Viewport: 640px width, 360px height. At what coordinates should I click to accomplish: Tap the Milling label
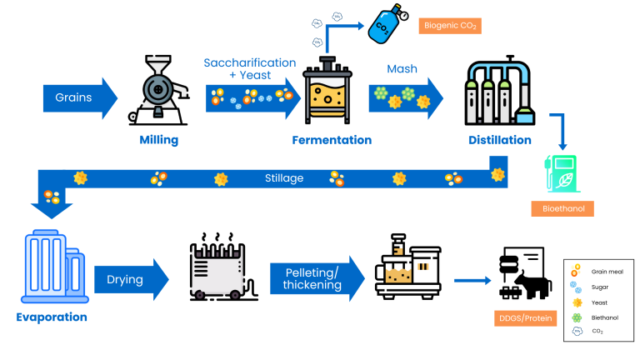(x=158, y=140)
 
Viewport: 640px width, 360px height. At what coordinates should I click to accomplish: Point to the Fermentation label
(x=332, y=140)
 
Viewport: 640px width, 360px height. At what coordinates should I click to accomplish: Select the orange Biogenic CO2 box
(x=450, y=25)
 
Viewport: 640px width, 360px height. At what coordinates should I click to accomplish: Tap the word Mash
(x=402, y=70)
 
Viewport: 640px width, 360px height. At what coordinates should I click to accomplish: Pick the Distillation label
(x=497, y=140)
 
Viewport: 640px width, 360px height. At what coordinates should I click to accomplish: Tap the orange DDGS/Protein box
(x=523, y=317)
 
